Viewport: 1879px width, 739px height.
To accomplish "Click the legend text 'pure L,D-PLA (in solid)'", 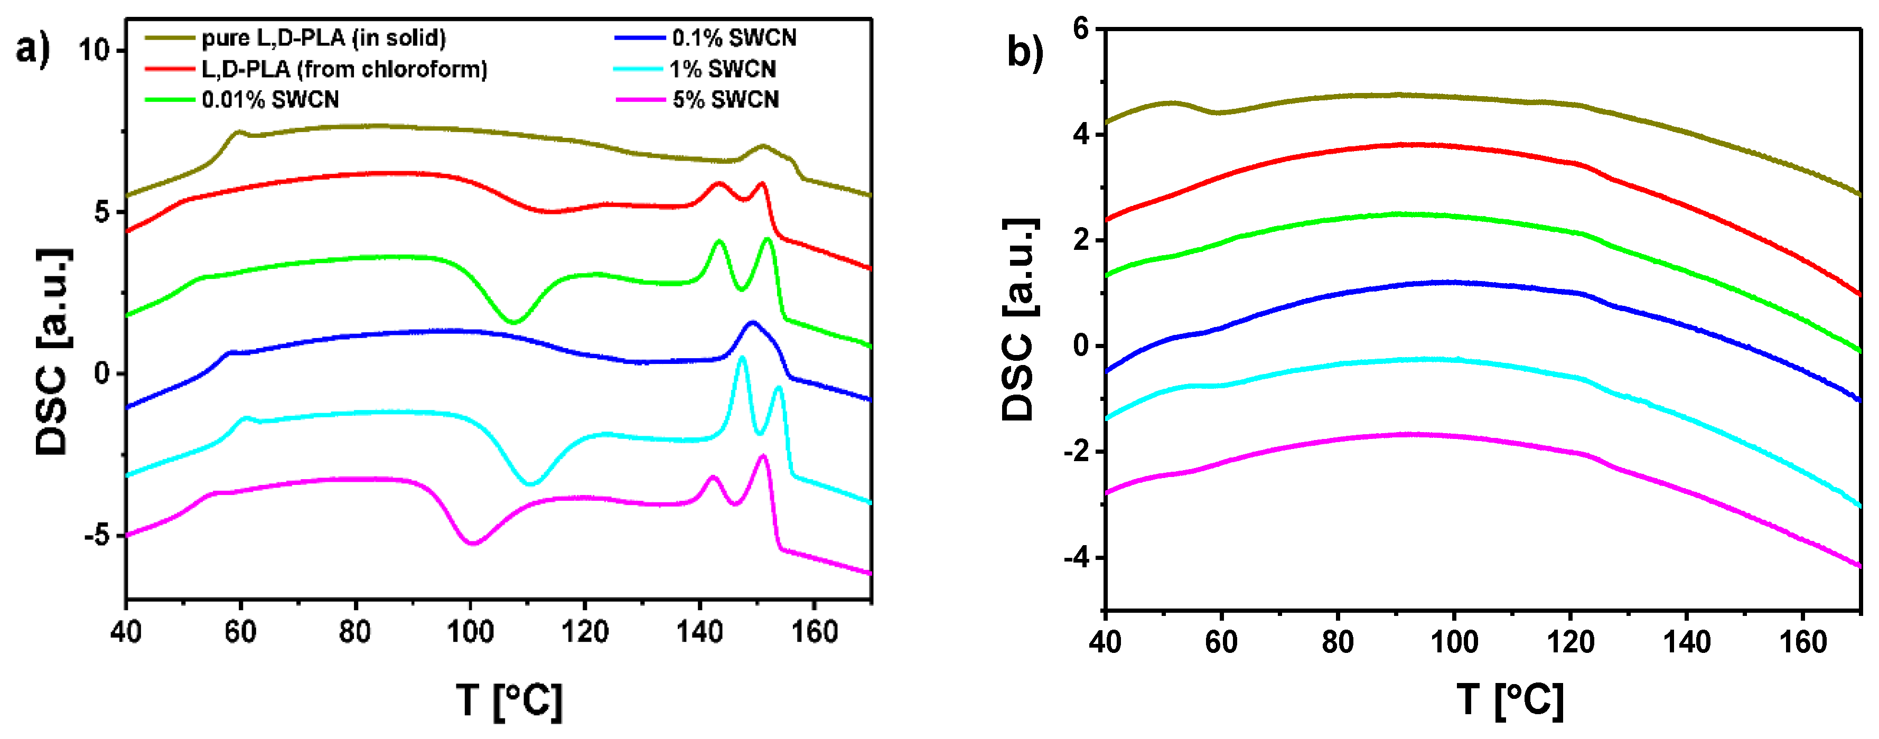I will pyautogui.click(x=323, y=38).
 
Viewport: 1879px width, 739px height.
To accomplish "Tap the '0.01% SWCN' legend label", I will pyautogui.click(x=270, y=99).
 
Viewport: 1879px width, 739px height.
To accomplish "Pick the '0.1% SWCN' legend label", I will pyautogui.click(x=734, y=38).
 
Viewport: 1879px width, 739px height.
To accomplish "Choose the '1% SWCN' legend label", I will pyautogui.click(x=722, y=69).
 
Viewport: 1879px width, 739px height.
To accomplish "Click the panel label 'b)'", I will pyautogui.click(x=1025, y=51).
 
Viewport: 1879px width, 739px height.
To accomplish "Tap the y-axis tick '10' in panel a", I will pyautogui.click(x=94, y=50).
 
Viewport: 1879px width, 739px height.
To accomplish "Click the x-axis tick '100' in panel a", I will pyautogui.click(x=470, y=632).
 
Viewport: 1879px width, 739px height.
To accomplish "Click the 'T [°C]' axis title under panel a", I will pyautogui.click(x=508, y=700).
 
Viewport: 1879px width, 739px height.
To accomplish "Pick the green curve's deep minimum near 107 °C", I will pyautogui.click(x=513, y=322).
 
